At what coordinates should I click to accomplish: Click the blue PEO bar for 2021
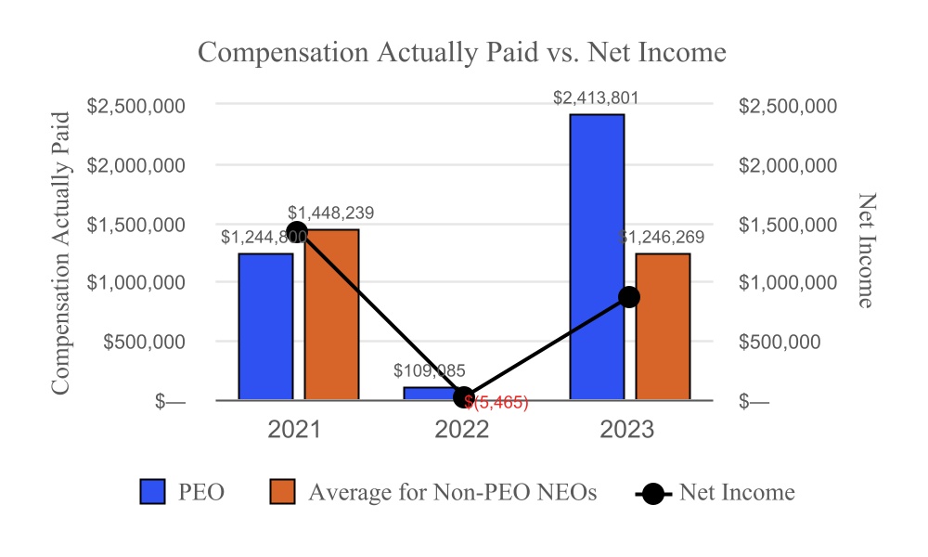[265, 327]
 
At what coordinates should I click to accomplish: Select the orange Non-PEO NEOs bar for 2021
[331, 315]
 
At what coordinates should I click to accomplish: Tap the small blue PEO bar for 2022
[431, 394]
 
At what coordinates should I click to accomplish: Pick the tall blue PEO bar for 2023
[597, 257]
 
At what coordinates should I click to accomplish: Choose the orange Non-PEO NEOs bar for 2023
[663, 327]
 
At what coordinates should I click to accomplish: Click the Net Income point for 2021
[298, 232]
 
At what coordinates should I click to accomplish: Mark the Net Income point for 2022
[464, 397]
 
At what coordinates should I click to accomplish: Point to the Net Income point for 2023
[629, 297]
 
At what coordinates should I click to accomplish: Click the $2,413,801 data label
[596, 97]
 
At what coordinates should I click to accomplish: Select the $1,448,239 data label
[331, 213]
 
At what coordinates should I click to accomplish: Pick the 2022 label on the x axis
[462, 430]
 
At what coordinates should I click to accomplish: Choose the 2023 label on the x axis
[627, 430]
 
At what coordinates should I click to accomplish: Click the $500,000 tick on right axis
[780, 342]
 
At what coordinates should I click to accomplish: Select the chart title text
[462, 52]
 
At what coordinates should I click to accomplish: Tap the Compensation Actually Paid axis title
[60, 253]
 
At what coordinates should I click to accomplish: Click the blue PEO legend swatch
[153, 492]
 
